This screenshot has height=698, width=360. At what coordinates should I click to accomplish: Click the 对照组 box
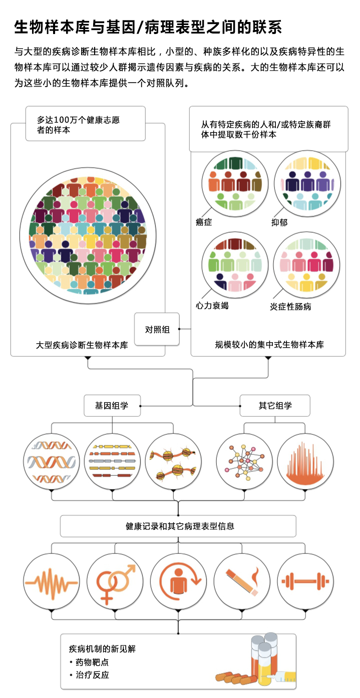click(157, 329)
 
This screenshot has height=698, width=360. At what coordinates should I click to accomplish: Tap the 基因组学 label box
click(112, 406)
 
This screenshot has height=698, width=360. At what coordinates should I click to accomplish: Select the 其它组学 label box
click(275, 406)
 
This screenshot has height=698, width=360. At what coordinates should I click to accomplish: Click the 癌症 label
click(204, 222)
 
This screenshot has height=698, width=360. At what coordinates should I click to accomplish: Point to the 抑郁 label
click(279, 222)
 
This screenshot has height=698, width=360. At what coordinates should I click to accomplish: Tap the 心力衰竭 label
click(212, 305)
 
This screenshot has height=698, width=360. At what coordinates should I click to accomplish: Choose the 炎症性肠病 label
click(290, 306)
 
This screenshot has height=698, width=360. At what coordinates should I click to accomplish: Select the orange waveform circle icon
click(52, 581)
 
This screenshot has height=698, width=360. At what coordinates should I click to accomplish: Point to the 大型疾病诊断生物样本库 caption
click(82, 345)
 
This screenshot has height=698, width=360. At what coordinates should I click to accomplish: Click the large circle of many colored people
click(88, 236)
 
